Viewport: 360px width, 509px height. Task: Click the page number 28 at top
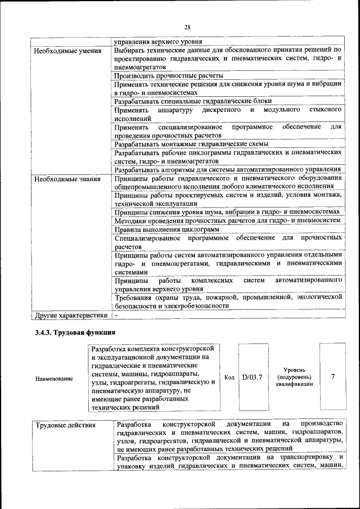pos(187,26)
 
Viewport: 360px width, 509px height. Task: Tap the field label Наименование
pos(54,379)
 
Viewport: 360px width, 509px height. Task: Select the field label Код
pos(229,377)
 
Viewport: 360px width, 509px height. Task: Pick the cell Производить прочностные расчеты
pos(169,75)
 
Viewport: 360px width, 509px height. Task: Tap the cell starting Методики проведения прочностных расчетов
pos(227,220)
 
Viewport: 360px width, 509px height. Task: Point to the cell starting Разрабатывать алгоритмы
pos(227,169)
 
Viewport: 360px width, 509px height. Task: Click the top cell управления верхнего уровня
pos(159,41)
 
